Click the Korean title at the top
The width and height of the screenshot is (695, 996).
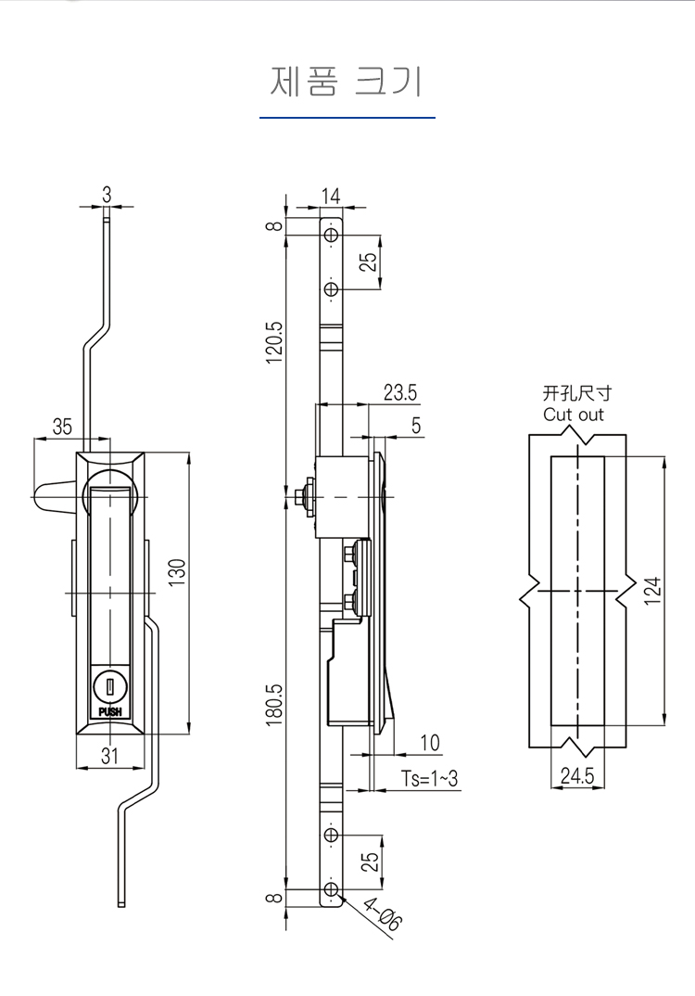coord(347,82)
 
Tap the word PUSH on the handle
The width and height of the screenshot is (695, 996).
coord(109,712)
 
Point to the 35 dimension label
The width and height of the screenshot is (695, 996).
coord(62,427)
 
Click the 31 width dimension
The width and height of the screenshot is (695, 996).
coord(109,756)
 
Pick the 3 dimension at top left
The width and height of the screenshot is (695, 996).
coord(107,195)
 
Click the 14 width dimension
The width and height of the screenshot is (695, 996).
coord(330,197)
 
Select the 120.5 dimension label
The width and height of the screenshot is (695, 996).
coord(274,342)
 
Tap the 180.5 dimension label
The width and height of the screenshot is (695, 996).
coord(274,705)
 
